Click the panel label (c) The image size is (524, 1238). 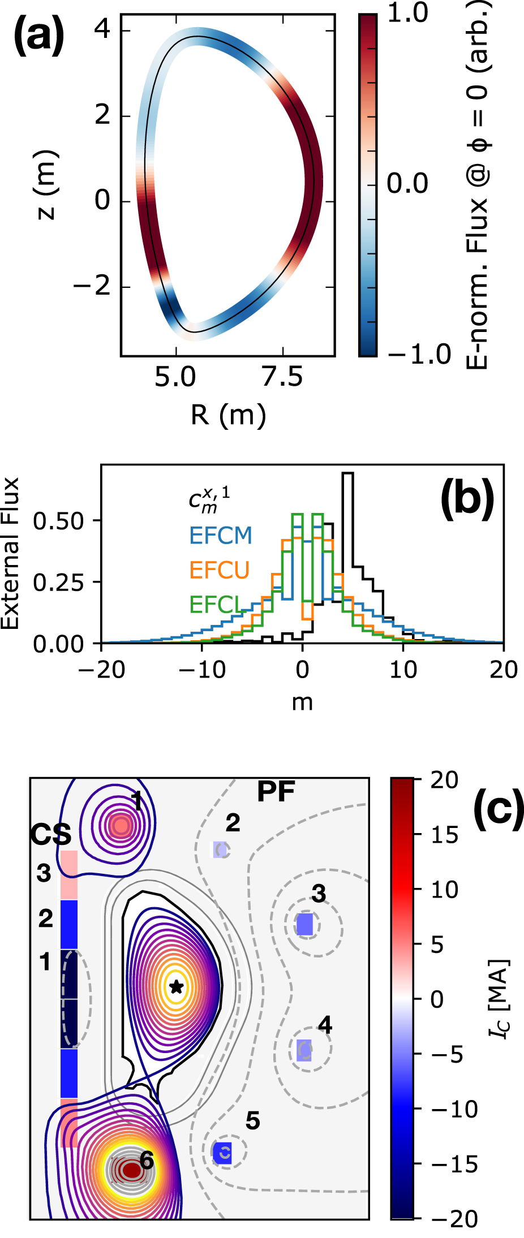[498, 810]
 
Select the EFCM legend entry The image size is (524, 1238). [221, 536]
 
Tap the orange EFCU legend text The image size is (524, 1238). [219, 570]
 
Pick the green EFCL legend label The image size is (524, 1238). [215, 605]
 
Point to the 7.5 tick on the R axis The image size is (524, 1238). [283, 377]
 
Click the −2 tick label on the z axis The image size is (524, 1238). [93, 287]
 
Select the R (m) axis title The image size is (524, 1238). [228, 416]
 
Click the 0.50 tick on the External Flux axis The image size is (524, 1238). [58, 521]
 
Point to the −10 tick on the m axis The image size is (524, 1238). [201, 670]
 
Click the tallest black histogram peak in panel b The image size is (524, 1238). [347, 474]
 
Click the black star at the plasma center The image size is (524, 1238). [177, 986]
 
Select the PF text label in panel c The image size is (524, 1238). [276, 792]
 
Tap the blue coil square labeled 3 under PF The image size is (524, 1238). [306, 924]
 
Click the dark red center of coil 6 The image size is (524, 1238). [131, 1169]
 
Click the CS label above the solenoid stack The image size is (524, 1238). [51, 835]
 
